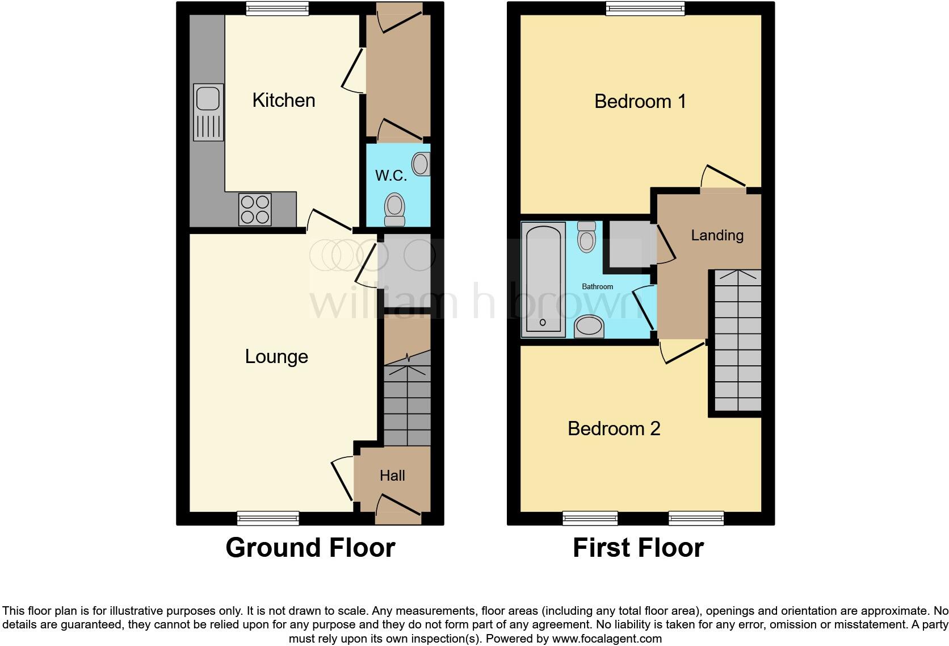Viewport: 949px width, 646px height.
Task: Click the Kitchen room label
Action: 283,101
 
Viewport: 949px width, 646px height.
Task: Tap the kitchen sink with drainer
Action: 208,112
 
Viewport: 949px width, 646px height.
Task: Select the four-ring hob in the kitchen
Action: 255,209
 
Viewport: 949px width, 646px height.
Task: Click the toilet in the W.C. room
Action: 394,209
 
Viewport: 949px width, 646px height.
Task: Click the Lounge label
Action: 276,357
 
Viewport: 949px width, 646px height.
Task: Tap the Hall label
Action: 392,476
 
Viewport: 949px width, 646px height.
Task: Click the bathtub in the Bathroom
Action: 543,279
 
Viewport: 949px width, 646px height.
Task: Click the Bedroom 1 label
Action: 640,102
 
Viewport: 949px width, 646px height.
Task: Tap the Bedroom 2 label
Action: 614,428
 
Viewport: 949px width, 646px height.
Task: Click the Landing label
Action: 717,235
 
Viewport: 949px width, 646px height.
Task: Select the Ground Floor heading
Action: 310,548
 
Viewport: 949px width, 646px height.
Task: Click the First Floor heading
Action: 638,548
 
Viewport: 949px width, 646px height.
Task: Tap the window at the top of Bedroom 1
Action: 645,7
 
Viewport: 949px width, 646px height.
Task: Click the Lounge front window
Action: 268,518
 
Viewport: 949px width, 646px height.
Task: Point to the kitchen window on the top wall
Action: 278,7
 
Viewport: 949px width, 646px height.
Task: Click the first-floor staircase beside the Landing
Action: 737,341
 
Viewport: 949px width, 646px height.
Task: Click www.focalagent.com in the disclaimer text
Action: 607,638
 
